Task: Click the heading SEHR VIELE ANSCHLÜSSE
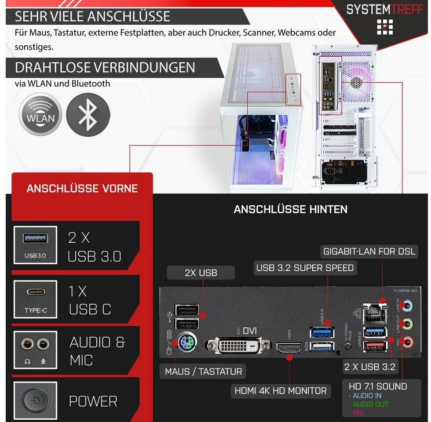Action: point(92,17)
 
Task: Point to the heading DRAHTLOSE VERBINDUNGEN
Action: point(105,68)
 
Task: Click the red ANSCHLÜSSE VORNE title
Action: point(82,189)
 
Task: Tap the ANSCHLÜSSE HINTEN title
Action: point(290,209)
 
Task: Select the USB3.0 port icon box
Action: point(35,245)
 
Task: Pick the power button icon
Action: point(35,401)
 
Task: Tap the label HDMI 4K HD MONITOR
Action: point(281,390)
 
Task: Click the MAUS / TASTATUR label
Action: point(203,371)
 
